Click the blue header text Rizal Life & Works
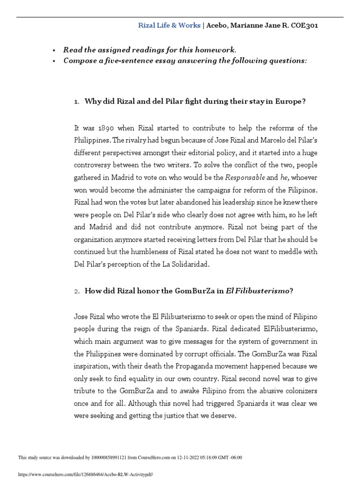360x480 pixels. click(x=169, y=26)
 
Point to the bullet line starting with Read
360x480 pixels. click(x=150, y=50)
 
